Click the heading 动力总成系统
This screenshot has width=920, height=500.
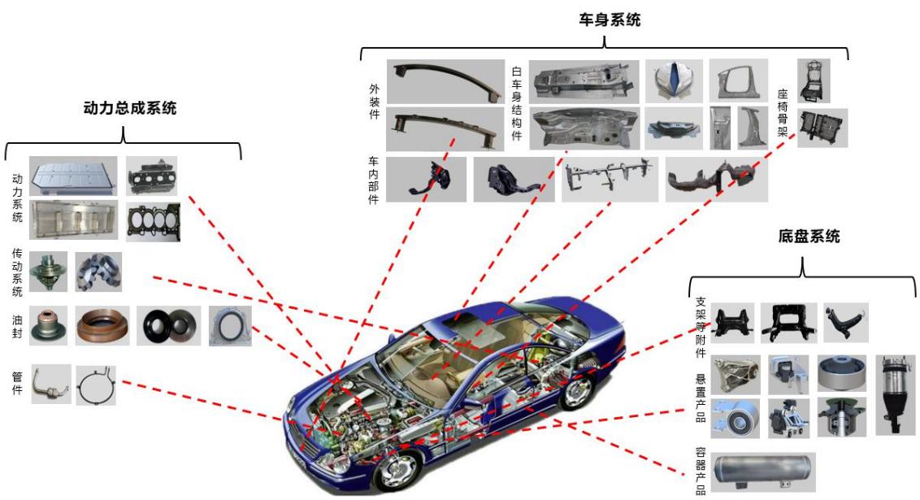tap(130, 108)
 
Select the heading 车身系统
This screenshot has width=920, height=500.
tap(610, 20)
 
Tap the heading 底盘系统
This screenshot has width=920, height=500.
tap(809, 237)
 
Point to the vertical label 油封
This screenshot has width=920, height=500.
tap(18, 326)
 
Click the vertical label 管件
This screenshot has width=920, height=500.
tap(18, 383)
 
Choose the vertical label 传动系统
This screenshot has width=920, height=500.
tap(18, 272)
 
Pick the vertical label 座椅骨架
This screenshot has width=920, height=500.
tap(783, 113)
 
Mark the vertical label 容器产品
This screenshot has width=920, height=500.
tap(701, 471)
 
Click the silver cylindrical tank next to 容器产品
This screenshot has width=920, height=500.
tap(763, 472)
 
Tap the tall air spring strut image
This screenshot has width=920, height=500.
tap(896, 394)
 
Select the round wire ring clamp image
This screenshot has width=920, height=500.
tap(96, 385)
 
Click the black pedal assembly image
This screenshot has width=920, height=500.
tap(427, 179)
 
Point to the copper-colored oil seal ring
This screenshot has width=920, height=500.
tap(102, 326)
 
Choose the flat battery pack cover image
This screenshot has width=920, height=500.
tap(73, 176)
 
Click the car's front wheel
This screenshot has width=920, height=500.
tap(398, 467)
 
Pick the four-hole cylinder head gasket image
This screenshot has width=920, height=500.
tap(153, 222)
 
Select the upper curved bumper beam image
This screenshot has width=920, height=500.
tap(445, 81)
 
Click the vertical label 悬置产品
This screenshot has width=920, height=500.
tap(701, 398)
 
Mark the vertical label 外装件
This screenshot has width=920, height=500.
tap(375, 102)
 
